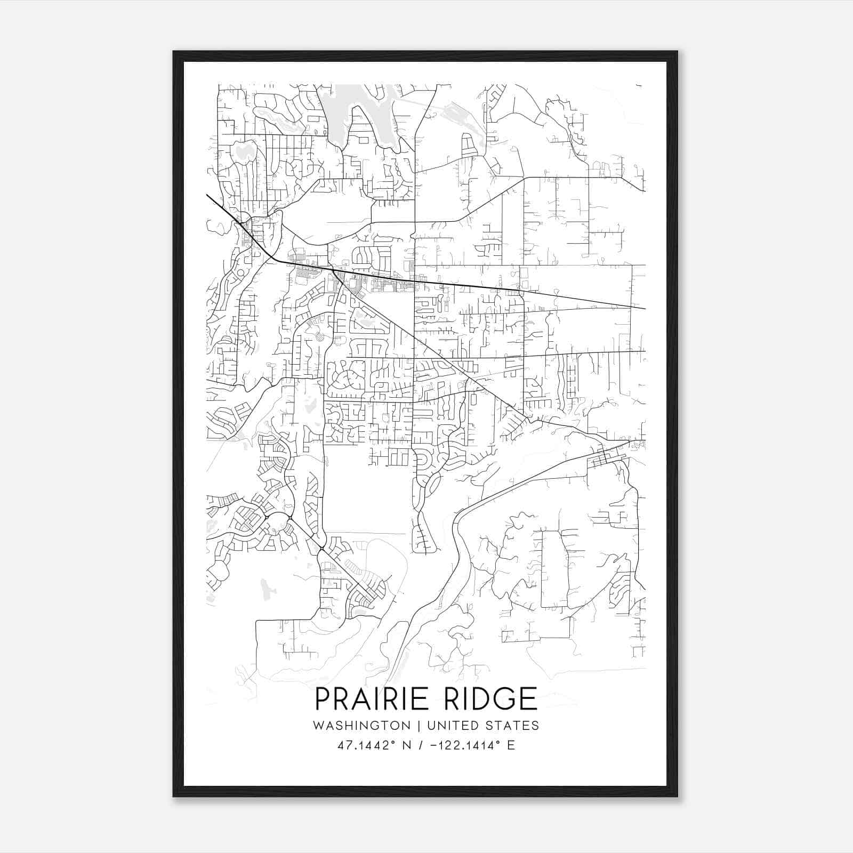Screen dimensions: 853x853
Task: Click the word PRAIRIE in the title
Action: click(372, 699)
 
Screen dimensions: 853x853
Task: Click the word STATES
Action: click(512, 726)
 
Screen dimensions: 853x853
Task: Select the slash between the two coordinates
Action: click(422, 745)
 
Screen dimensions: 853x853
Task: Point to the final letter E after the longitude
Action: click(511, 745)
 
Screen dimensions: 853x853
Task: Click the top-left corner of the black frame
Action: click(174, 52)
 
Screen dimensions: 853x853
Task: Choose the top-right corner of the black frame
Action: click(677, 52)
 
